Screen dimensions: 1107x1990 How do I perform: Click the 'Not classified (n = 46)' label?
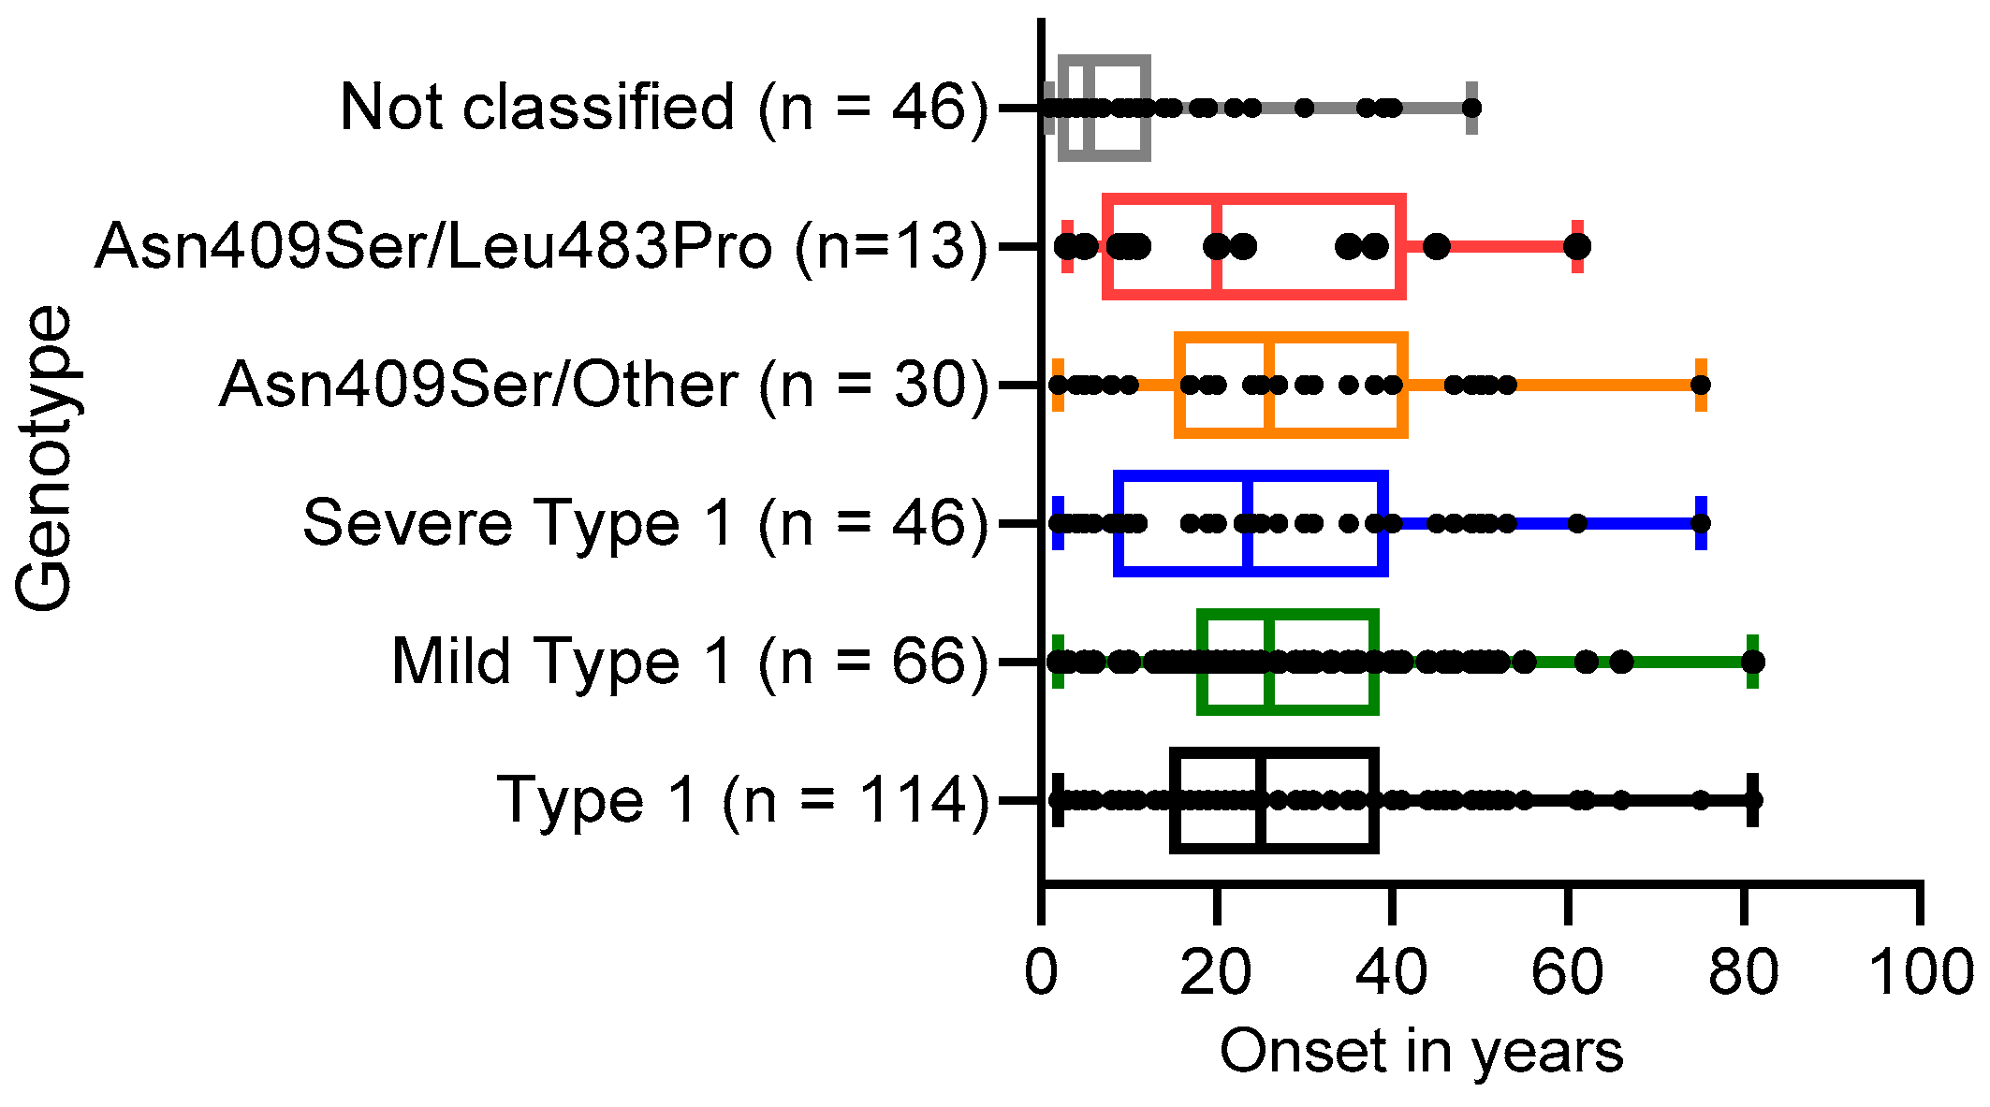(663, 107)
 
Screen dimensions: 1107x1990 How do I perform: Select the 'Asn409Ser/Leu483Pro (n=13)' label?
(541, 246)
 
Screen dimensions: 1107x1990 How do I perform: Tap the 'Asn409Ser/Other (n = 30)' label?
(603, 385)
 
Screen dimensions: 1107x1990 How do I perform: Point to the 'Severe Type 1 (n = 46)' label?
(645, 522)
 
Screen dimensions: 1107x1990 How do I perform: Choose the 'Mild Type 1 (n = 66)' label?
(689, 662)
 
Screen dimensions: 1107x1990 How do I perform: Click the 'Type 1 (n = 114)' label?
(742, 800)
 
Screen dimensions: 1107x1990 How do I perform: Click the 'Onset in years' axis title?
(1421, 1052)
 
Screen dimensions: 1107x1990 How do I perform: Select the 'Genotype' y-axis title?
(45, 459)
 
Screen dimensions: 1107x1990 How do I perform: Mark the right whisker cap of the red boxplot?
(1578, 246)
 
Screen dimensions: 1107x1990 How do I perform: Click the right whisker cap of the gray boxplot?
(1471, 108)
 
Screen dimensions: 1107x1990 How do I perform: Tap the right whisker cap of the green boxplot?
(1752, 662)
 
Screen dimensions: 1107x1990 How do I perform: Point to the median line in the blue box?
(1249, 523)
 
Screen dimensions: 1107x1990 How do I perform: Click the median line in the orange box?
(1269, 385)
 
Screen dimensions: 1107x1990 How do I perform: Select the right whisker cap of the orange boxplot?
(1701, 385)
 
